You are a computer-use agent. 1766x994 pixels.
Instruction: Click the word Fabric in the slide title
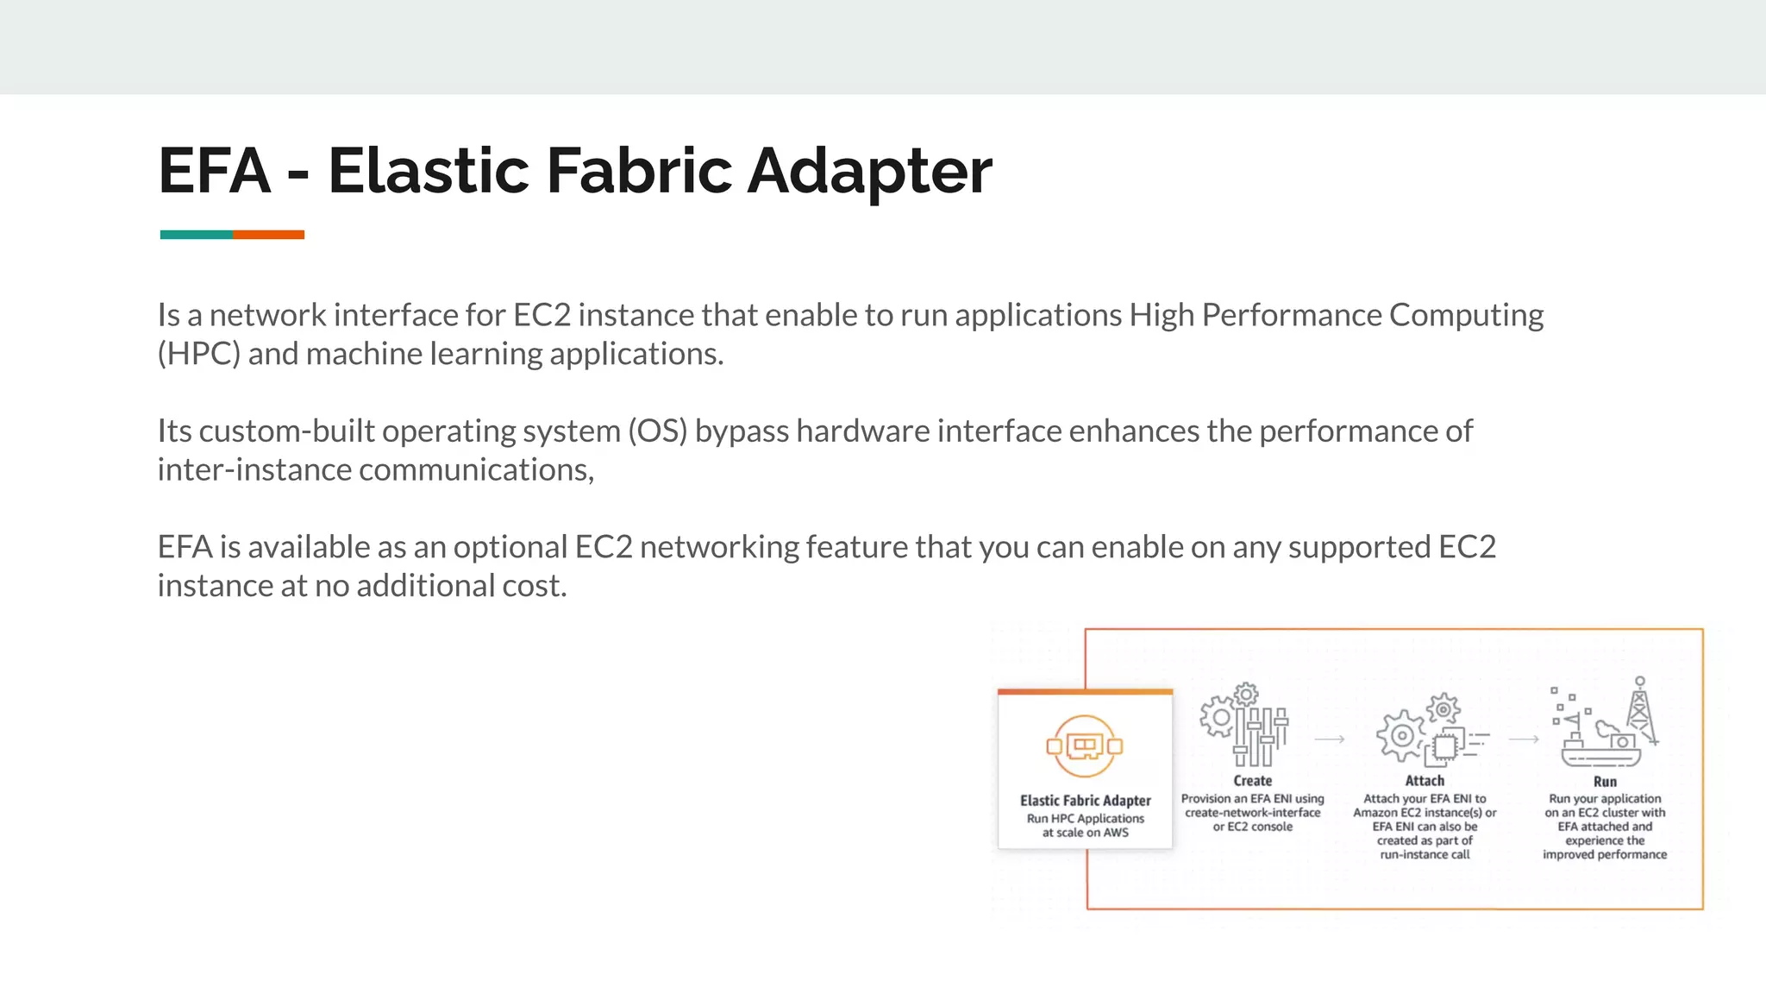point(639,170)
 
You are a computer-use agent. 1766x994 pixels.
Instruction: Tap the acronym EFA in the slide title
point(215,170)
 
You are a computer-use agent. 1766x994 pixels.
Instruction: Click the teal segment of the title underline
point(196,235)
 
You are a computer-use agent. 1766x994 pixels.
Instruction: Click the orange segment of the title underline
point(268,235)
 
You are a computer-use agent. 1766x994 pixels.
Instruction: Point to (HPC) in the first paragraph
point(198,354)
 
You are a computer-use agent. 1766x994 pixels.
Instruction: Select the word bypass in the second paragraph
point(742,431)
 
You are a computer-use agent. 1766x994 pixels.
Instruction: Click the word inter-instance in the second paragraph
point(254,469)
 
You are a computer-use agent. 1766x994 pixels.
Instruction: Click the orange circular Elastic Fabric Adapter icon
point(1085,746)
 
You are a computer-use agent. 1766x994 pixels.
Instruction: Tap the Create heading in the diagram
point(1252,781)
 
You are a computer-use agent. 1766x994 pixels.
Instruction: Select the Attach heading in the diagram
point(1425,781)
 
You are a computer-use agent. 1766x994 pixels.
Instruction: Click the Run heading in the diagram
point(1605,782)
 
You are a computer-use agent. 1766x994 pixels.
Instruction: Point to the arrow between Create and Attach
point(1330,739)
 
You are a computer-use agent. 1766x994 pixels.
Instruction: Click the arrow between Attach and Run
point(1524,739)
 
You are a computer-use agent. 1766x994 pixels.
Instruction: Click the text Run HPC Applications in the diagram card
point(1085,819)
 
